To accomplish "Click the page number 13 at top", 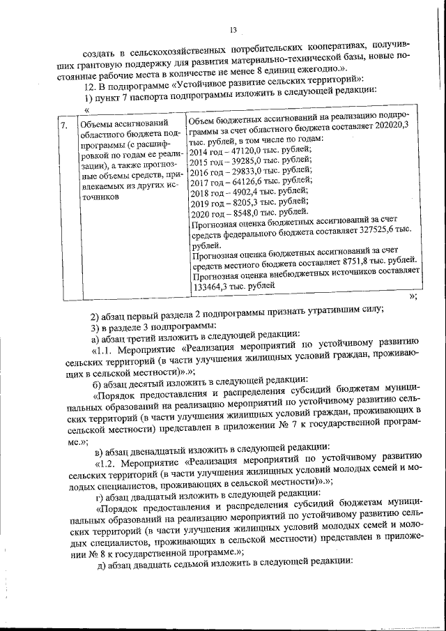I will click(x=233, y=30).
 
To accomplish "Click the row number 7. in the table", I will click(x=63, y=126).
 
